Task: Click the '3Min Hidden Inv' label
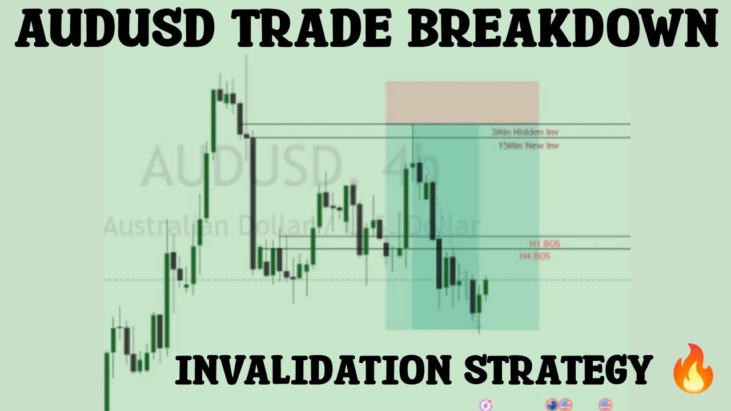(525, 132)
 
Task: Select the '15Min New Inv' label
(528, 146)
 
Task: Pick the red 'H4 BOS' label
(535, 256)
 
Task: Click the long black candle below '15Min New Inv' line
(253, 203)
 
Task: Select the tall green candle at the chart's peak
(213, 120)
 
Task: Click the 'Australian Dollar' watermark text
(206, 227)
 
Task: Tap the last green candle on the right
(486, 287)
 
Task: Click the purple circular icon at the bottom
(487, 405)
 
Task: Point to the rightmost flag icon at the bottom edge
(605, 405)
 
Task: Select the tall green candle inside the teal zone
(406, 208)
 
